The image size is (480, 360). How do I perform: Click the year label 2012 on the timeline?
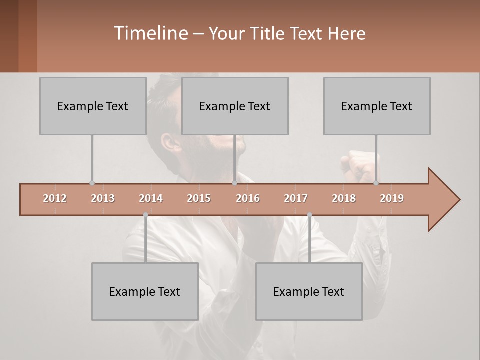tap(55, 198)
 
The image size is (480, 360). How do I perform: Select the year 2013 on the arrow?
tap(103, 198)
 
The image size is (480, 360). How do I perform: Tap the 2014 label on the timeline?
tap(151, 198)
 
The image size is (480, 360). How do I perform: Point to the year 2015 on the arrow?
tap(199, 198)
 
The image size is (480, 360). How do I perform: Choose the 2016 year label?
tap(248, 198)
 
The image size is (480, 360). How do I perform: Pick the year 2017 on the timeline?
tap(296, 198)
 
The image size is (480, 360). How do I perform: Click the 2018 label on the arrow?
tap(344, 198)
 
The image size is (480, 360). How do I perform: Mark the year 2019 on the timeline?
tap(392, 198)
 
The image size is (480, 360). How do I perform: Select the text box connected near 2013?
tap(93, 106)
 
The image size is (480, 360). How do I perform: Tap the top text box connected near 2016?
tap(235, 106)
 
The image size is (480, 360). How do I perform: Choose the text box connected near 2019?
tap(377, 106)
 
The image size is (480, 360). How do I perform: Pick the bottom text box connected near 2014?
tap(145, 291)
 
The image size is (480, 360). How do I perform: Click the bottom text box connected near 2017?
tap(309, 291)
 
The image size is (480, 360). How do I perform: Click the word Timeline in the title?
tap(150, 33)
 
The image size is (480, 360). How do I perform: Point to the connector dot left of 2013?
tap(92, 183)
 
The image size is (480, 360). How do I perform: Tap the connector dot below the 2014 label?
tap(145, 215)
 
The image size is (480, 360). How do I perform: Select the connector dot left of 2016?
tap(234, 183)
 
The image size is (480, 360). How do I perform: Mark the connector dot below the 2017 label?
tap(309, 215)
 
